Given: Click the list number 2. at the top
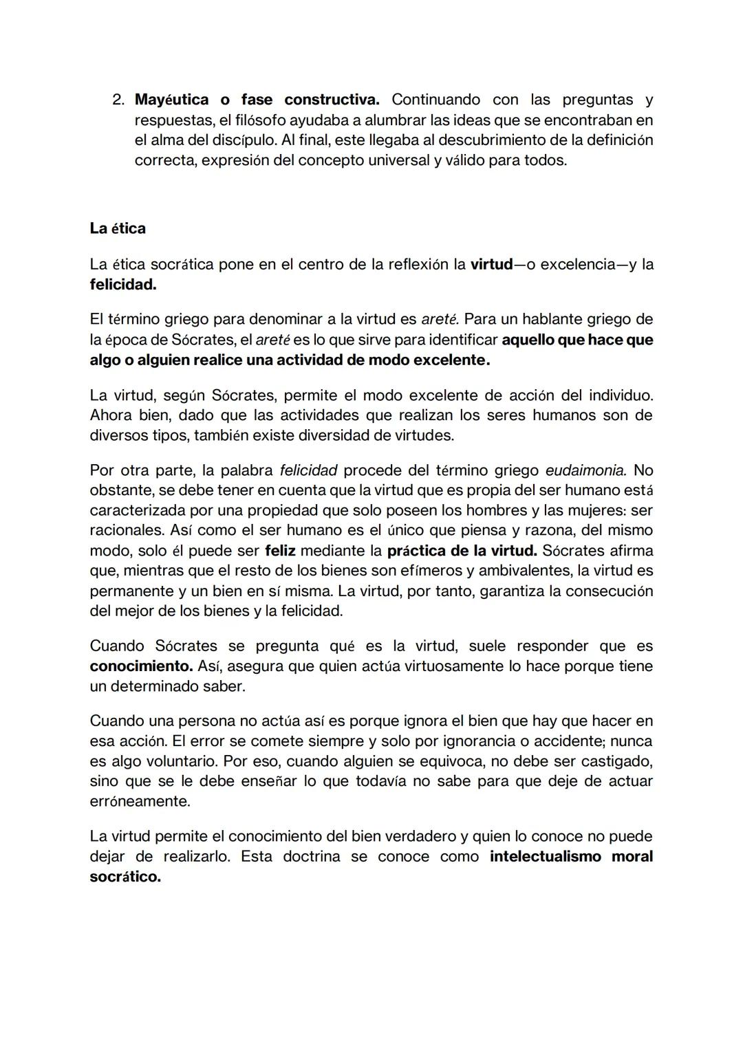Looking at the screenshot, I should coord(118,100).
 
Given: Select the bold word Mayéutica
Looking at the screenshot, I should coord(171,100).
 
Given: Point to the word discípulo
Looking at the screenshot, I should coord(244,140).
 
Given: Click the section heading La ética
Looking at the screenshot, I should coord(118,228).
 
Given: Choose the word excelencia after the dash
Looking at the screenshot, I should coord(574,264).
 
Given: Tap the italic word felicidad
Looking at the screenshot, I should coord(308,470).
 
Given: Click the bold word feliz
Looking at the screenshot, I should coord(280,551).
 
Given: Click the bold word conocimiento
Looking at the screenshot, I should coord(141,666).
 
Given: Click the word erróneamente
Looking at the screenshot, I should coord(140,802).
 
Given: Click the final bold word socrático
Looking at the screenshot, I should coord(125,877).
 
